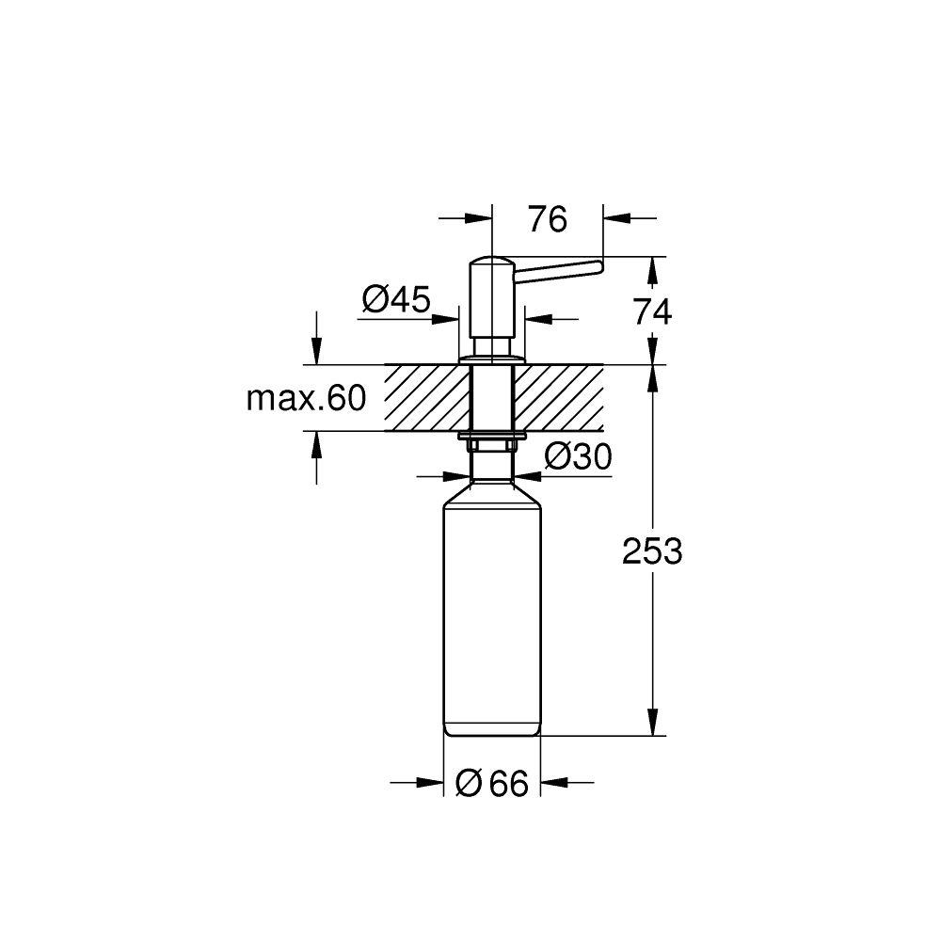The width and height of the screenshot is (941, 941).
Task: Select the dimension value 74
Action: pyautogui.click(x=652, y=311)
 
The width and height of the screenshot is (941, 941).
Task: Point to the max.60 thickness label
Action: pyautogui.click(x=305, y=399)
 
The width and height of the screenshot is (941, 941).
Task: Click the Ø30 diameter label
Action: pyautogui.click(x=578, y=456)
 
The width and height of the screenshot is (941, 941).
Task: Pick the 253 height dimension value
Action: pyautogui.click(x=652, y=552)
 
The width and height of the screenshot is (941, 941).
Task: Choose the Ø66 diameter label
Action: pyautogui.click(x=491, y=783)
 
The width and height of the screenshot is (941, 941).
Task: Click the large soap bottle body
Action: pyautogui.click(x=491, y=612)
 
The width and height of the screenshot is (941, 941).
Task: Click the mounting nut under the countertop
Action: pyautogui.click(x=491, y=438)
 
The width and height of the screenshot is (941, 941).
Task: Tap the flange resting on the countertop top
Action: pyautogui.click(x=491, y=359)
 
